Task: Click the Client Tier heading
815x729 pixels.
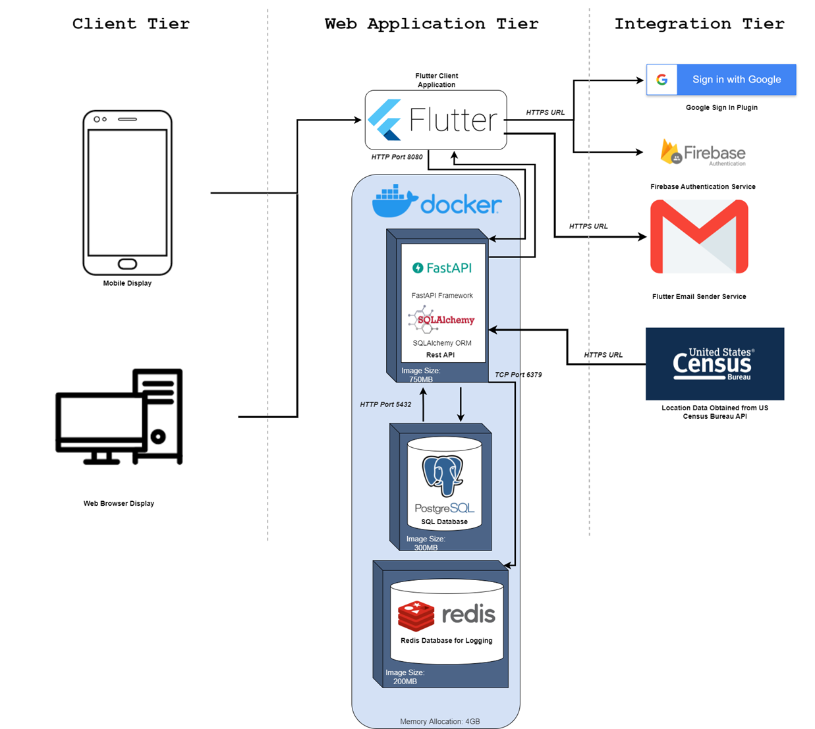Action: (x=130, y=24)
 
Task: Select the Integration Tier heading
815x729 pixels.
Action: (x=699, y=24)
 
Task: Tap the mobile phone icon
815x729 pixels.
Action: (x=127, y=192)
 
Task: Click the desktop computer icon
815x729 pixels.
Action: (x=119, y=417)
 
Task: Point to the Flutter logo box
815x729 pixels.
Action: (x=436, y=120)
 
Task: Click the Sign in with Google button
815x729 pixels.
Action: (x=721, y=80)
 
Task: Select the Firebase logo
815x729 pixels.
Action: (x=703, y=153)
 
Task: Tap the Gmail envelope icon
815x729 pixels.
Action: (x=699, y=237)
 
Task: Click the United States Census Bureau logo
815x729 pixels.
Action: (x=714, y=364)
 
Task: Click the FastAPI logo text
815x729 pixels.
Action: (x=442, y=268)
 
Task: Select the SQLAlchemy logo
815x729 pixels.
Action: (x=441, y=320)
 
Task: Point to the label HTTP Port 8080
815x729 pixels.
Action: (x=397, y=157)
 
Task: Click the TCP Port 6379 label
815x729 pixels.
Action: (x=518, y=375)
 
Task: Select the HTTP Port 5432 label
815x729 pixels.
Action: (x=385, y=404)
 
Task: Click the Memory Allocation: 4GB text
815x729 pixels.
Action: (x=439, y=722)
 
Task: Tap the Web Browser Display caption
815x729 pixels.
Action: (x=119, y=503)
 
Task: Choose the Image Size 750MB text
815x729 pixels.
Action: (x=421, y=375)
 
